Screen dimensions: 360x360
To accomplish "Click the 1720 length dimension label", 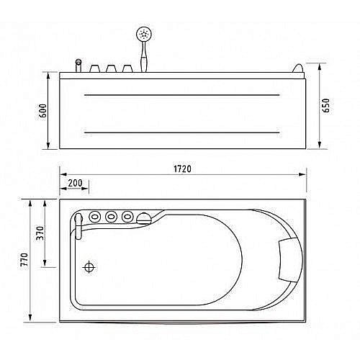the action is coord(182,169).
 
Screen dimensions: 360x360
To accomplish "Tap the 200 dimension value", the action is coord(75,183).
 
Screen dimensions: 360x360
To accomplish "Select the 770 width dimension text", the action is coord(24,259).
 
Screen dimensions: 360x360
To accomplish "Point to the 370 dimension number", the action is coord(40,233).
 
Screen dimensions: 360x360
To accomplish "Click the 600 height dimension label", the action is coord(43,111).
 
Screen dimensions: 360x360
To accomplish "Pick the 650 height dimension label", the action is coord(326,106).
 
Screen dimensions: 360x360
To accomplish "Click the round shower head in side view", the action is coord(144,34).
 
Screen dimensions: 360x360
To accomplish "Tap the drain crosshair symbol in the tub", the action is coord(89,267).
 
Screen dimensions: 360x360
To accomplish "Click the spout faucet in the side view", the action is coord(78,66).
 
